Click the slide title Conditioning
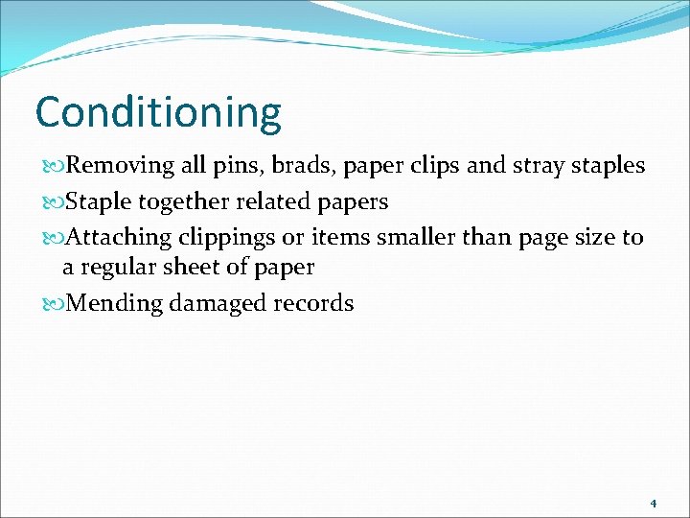[158, 112]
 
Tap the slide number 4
[653, 503]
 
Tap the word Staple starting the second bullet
[99, 202]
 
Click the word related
[275, 201]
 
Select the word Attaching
[122, 238]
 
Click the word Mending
[115, 305]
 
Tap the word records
[311, 304]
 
